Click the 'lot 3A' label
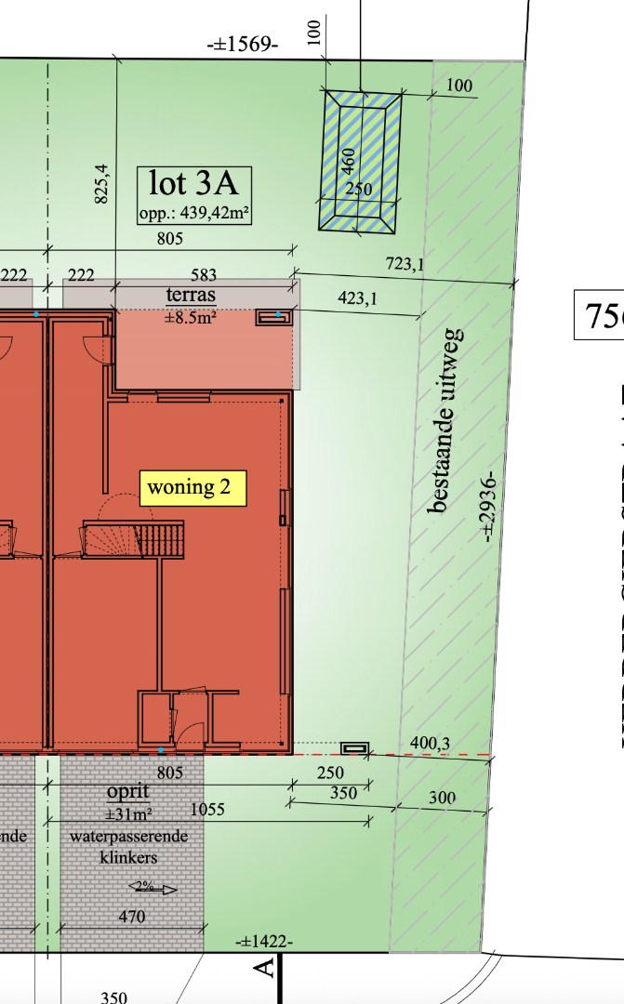(x=193, y=182)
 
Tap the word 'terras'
(x=191, y=296)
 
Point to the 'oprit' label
(x=128, y=791)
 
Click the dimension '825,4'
(x=101, y=183)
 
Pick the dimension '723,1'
(x=405, y=265)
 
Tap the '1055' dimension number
(x=206, y=810)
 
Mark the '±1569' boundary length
(x=243, y=45)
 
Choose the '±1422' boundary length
(x=265, y=942)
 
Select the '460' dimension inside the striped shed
(x=348, y=162)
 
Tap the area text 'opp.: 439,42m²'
(x=194, y=212)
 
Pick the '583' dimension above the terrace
(x=204, y=275)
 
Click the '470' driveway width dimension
(x=132, y=918)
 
